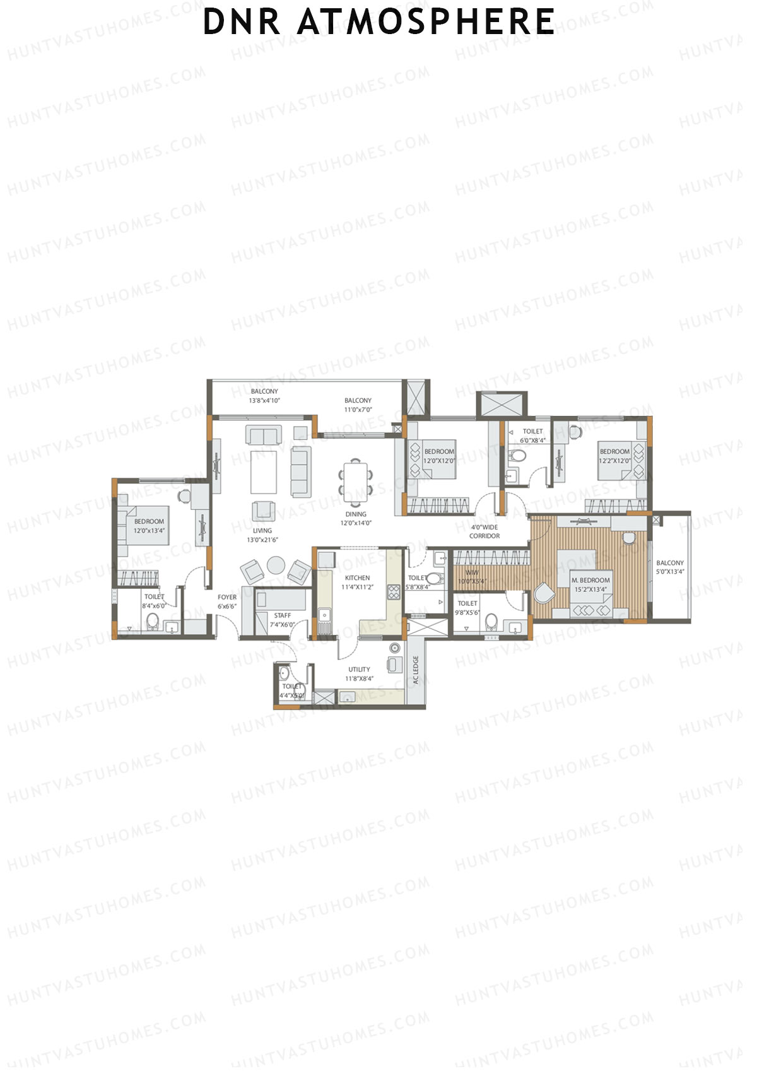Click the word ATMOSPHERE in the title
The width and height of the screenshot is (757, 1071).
pyautogui.click(x=426, y=21)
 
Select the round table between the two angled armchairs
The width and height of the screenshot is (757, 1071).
pyautogui.click(x=276, y=564)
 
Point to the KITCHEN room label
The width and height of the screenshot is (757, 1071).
pyautogui.click(x=357, y=577)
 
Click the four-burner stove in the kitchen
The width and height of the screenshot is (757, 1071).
pyautogui.click(x=394, y=592)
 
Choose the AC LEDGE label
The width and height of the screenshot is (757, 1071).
pyautogui.click(x=416, y=670)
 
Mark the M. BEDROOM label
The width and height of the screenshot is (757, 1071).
pyautogui.click(x=590, y=580)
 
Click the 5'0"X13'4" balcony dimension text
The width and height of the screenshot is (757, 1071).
pyautogui.click(x=670, y=572)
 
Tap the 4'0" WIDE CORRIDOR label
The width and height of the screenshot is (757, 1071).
pyautogui.click(x=484, y=531)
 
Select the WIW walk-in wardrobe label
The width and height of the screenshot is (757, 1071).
pyautogui.click(x=472, y=573)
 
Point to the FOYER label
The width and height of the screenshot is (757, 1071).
pyautogui.click(x=227, y=597)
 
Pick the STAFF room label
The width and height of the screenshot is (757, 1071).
pyautogui.click(x=283, y=615)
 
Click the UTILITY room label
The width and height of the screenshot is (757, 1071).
pyautogui.click(x=359, y=670)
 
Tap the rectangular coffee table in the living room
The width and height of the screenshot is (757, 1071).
pyautogui.click(x=264, y=471)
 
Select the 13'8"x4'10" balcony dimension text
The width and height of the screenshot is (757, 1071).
pyautogui.click(x=264, y=400)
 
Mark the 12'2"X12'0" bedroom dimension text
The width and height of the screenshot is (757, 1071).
pyautogui.click(x=614, y=461)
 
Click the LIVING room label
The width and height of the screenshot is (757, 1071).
pyautogui.click(x=262, y=531)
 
